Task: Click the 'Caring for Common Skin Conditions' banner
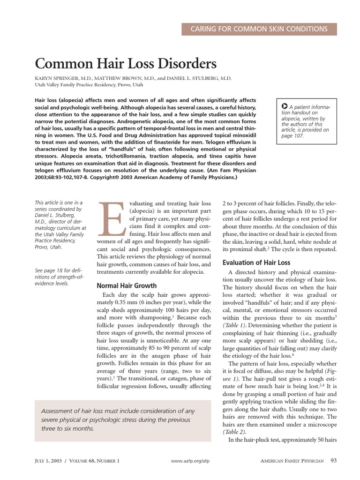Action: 259,29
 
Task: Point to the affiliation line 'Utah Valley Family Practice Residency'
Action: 89,85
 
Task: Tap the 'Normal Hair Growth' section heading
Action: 127,285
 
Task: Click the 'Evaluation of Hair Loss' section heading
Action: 256,262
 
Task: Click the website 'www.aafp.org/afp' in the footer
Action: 190,461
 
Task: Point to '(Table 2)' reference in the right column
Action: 235,431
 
